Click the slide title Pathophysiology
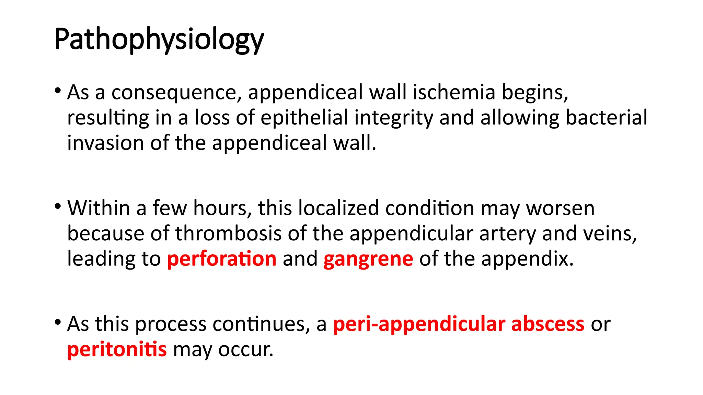(x=159, y=39)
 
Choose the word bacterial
(x=606, y=118)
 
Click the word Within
(x=98, y=208)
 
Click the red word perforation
(x=222, y=259)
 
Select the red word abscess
(x=548, y=324)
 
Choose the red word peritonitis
(x=117, y=350)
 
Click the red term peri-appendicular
(x=419, y=324)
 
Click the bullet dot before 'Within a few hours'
(x=58, y=206)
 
